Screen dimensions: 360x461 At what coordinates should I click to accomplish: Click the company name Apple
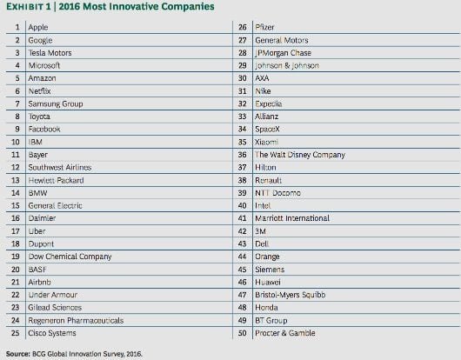(40, 28)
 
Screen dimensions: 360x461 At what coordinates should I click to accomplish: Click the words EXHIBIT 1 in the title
(26, 8)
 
